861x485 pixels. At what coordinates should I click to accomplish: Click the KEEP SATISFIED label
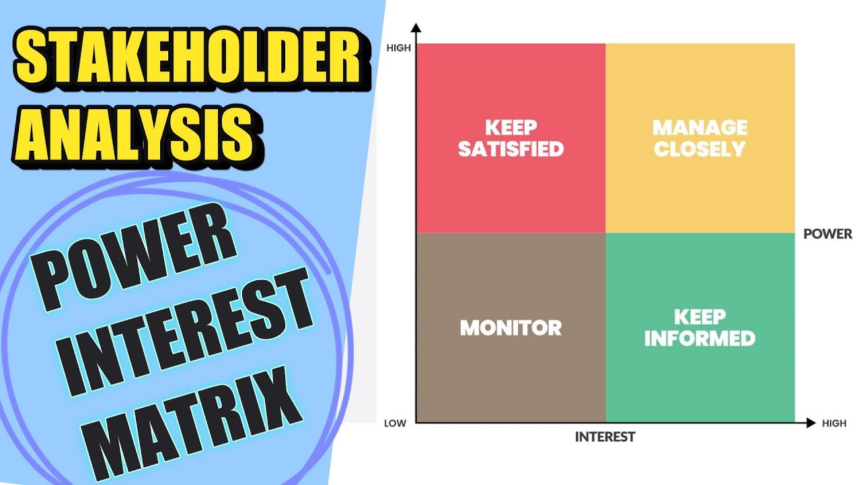pyautogui.click(x=511, y=138)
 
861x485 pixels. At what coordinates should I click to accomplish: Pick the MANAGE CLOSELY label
pyautogui.click(x=700, y=138)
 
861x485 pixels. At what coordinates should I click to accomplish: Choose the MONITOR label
pyautogui.click(x=511, y=328)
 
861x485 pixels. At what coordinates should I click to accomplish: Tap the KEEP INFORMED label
pyautogui.click(x=700, y=328)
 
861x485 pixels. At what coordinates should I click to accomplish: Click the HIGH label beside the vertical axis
pyautogui.click(x=399, y=48)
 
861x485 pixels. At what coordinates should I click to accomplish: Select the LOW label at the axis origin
pyautogui.click(x=396, y=424)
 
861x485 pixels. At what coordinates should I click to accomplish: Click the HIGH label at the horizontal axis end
pyautogui.click(x=834, y=424)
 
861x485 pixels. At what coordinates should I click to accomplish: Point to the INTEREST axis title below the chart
pyautogui.click(x=605, y=437)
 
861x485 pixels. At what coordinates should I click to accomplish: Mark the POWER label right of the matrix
pyautogui.click(x=828, y=234)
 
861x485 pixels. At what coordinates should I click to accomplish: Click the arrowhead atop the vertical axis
pyautogui.click(x=416, y=28)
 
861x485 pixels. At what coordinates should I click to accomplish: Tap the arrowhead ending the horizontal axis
pyautogui.click(x=811, y=423)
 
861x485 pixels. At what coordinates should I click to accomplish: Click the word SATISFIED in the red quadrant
pyautogui.click(x=511, y=149)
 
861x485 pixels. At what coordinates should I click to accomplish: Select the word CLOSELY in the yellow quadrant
pyautogui.click(x=700, y=149)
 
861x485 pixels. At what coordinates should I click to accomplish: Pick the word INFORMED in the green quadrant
pyautogui.click(x=700, y=338)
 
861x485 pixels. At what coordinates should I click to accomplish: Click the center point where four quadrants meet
pyautogui.click(x=605, y=233)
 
